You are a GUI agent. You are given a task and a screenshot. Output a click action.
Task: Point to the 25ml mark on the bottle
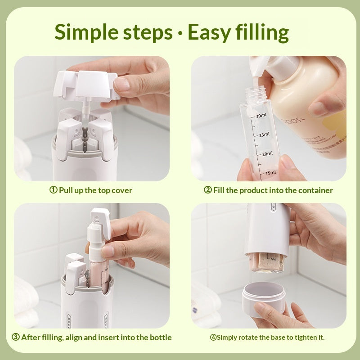click(264, 135)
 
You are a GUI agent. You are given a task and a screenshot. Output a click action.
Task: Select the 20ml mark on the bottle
click(267, 153)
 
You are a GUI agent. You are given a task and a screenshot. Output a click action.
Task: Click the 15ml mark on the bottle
click(270, 172)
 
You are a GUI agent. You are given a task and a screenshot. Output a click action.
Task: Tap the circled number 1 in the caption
click(53, 190)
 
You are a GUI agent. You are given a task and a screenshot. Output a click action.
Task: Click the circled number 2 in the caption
click(207, 190)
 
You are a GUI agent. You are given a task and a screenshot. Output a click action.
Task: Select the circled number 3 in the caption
click(15, 337)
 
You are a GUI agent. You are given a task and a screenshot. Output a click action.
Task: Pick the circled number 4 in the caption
click(213, 337)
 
